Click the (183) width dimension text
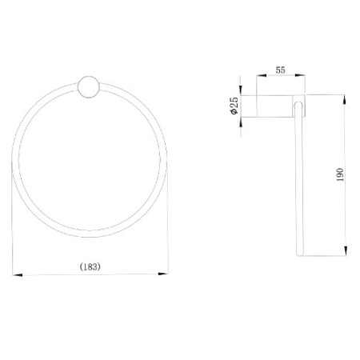coord(90,266)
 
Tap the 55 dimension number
coord(281,70)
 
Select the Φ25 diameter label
coord(234,106)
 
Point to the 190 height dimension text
coord(340,175)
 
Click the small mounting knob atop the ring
coord(89,87)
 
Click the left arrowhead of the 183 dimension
coord(18,274)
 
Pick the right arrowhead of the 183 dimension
coord(163,274)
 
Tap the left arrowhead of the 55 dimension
coord(262,75)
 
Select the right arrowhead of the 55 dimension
coord(300,75)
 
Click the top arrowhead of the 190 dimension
coord(346,100)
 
